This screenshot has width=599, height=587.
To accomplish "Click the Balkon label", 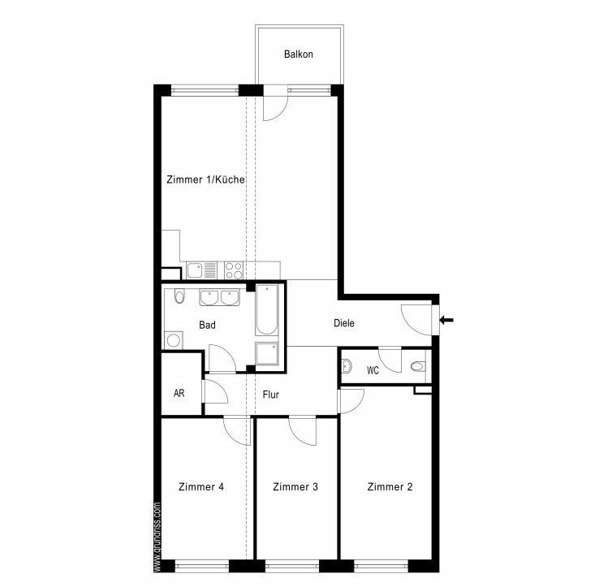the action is click(299, 54).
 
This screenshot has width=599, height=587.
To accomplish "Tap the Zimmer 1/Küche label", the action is click(205, 179).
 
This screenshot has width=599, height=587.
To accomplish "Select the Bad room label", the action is click(208, 325).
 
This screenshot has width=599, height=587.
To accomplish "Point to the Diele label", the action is click(344, 323).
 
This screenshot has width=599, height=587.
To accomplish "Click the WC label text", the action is click(373, 370).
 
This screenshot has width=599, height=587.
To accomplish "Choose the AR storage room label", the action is click(179, 393).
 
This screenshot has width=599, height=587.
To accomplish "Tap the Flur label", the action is click(271, 394).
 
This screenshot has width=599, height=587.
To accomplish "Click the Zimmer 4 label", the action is click(201, 486).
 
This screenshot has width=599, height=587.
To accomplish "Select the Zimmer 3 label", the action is click(295, 486).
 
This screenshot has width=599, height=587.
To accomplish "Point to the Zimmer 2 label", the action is click(390, 486).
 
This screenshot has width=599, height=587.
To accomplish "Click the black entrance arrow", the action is click(446, 320).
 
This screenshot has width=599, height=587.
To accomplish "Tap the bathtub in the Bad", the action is click(267, 309).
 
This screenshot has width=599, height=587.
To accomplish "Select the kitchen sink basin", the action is click(195, 270).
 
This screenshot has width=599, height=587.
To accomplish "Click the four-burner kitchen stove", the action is click(234, 270).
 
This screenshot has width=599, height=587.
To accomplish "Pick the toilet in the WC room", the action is click(418, 366).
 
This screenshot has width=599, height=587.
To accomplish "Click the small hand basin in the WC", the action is click(347, 366).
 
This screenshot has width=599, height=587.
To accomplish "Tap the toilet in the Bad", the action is click(179, 296).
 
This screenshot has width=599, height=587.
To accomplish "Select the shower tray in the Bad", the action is click(267, 353).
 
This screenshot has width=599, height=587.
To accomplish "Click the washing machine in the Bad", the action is click(174, 340).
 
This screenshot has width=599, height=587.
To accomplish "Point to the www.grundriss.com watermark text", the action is click(157, 536).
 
